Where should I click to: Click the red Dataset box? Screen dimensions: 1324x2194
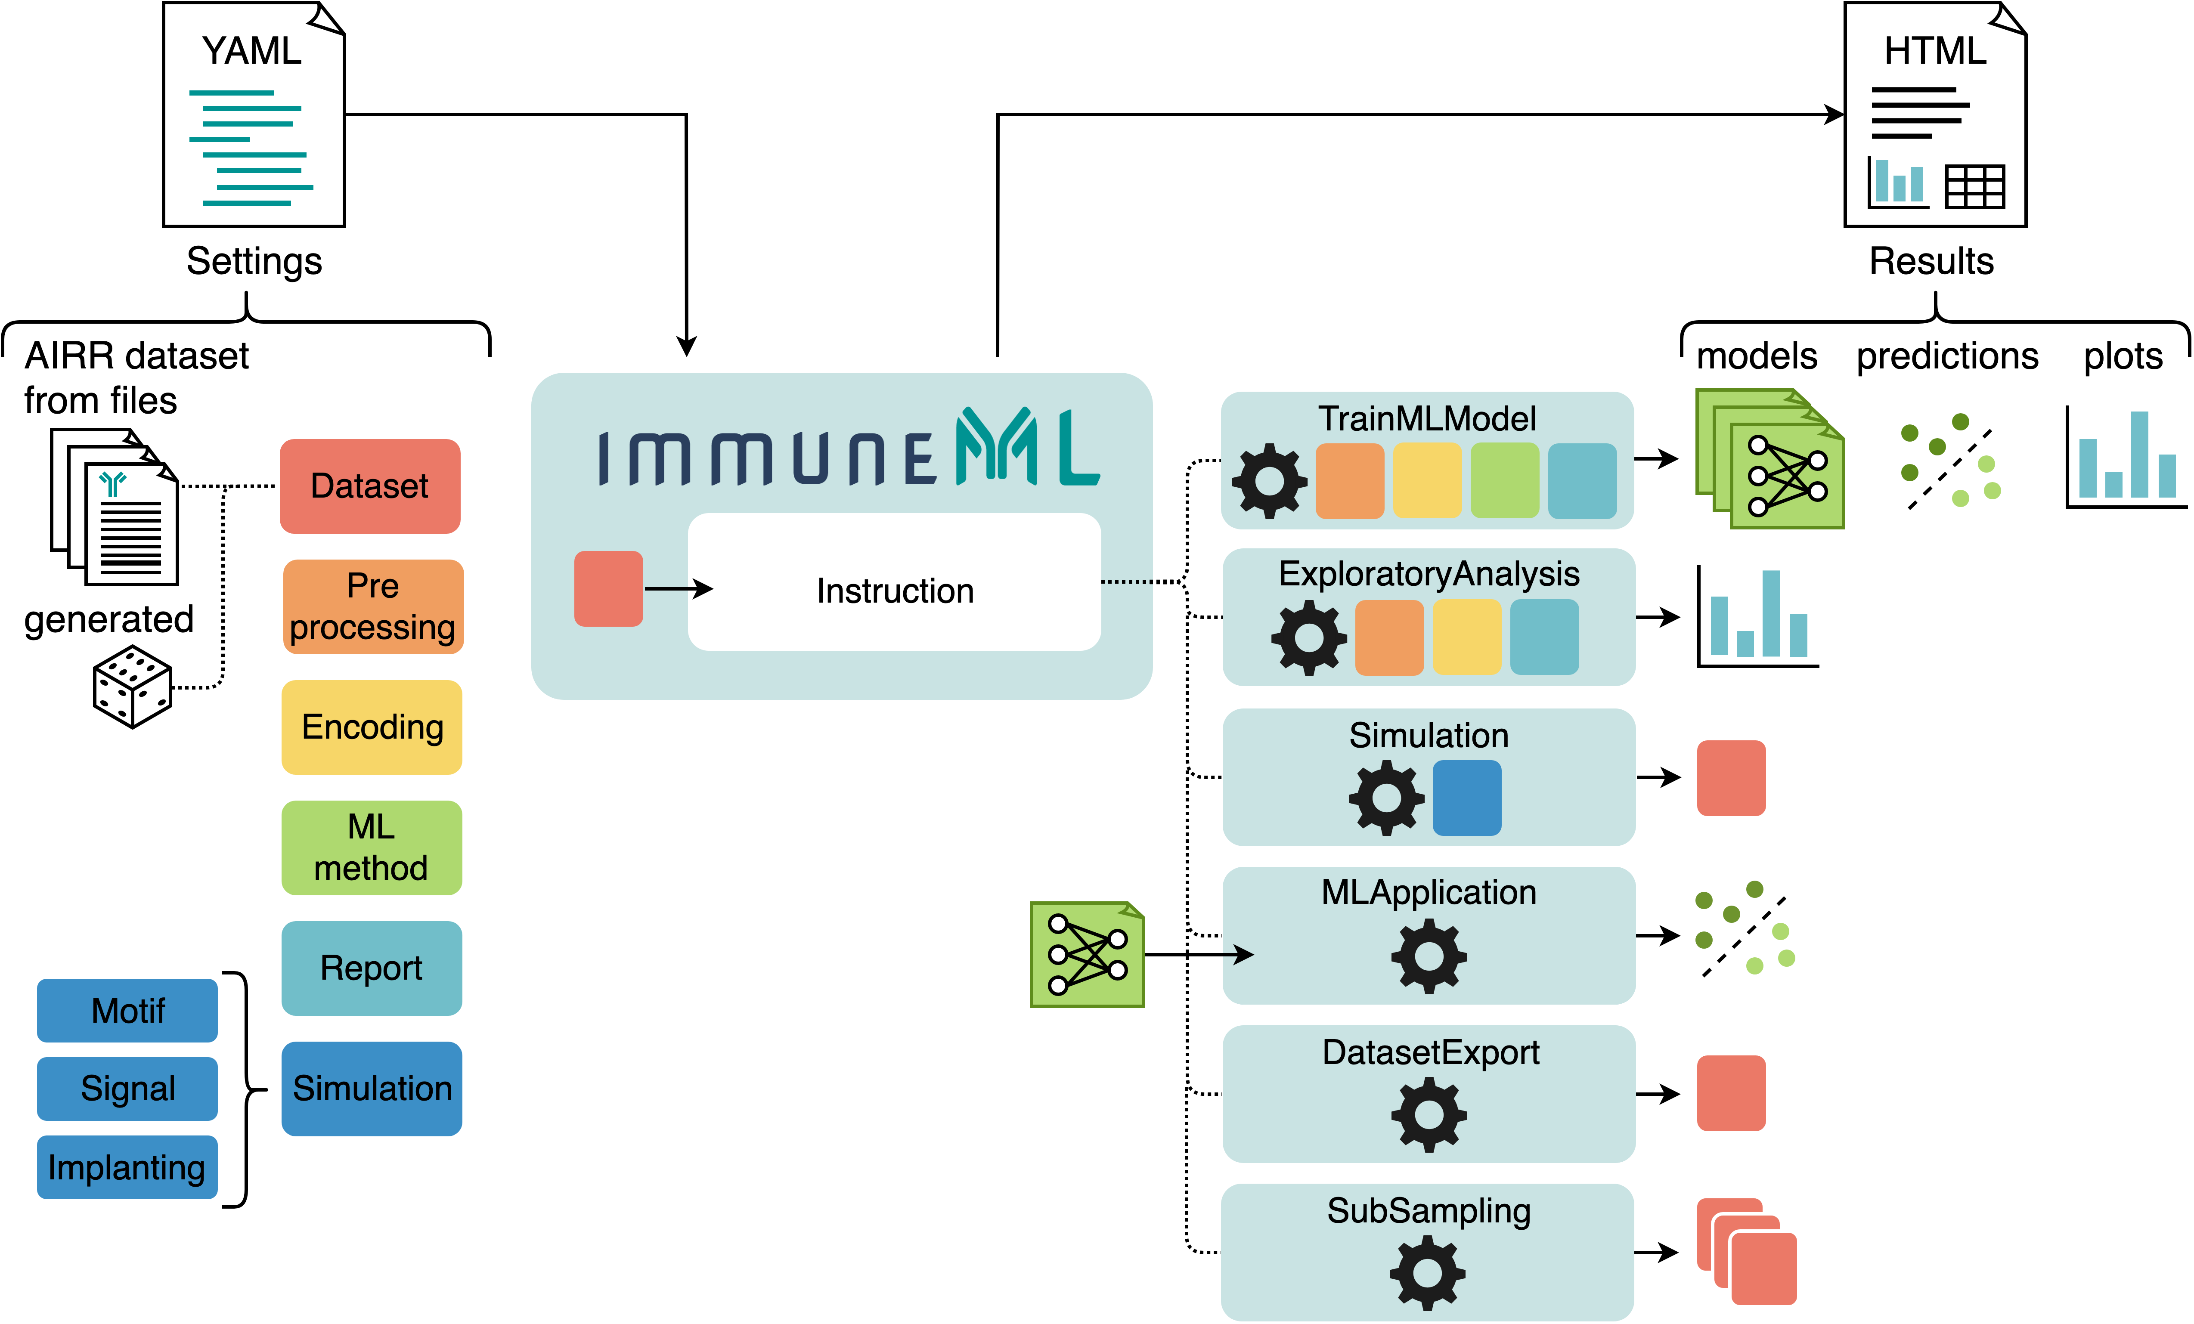(369, 486)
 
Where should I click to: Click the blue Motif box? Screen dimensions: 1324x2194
(127, 1011)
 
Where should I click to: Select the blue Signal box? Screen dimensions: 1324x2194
(127, 1088)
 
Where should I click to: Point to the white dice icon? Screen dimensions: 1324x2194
(132, 687)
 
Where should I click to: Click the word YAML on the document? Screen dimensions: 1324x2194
(252, 51)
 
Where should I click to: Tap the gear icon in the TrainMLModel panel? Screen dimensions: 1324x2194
(1269, 481)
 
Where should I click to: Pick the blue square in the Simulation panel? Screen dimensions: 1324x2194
(1466, 798)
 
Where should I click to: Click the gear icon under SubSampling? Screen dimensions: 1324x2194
(1427, 1273)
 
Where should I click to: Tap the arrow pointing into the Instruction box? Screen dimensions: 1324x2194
(679, 588)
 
